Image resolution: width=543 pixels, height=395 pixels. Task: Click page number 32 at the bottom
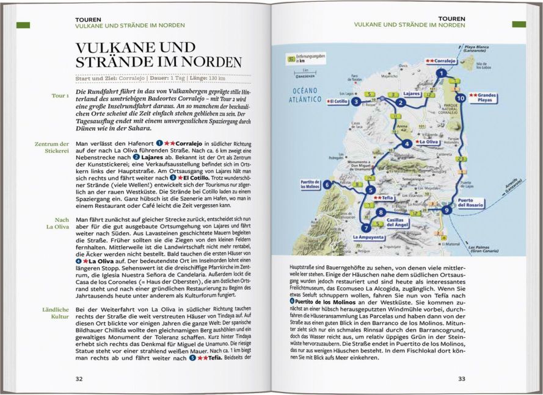point(79,379)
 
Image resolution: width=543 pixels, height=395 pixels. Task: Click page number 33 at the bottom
point(461,379)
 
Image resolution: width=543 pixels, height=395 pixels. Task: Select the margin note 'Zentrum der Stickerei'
point(54,148)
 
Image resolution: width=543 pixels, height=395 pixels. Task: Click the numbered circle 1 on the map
point(440,73)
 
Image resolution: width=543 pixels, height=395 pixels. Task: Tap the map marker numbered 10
point(460,98)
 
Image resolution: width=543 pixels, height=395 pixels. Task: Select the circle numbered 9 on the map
point(448,210)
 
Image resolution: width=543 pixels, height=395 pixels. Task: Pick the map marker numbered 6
point(327,185)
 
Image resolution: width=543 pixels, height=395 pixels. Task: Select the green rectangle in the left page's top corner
point(23,24)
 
